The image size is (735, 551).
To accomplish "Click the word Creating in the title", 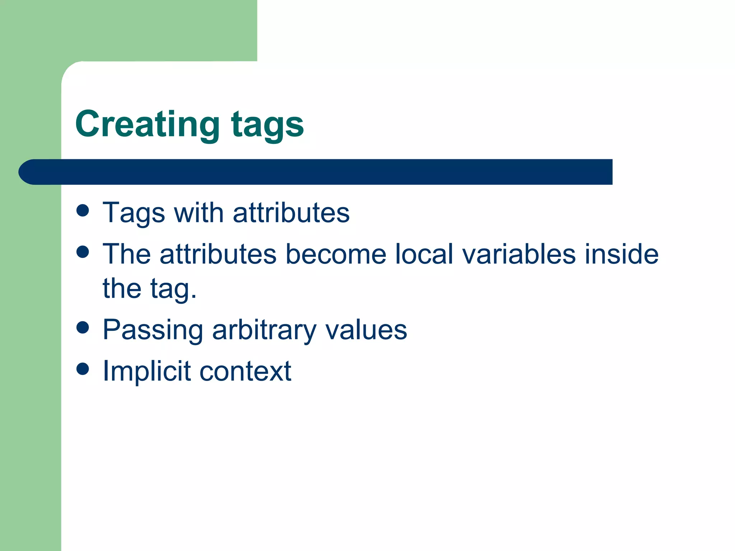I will point(147,124).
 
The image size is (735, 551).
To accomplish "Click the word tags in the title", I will point(267,124).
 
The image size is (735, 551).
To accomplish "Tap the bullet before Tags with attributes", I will point(83,211).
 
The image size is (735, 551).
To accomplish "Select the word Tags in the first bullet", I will point(134,213).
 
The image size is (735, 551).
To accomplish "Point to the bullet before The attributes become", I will point(83,252).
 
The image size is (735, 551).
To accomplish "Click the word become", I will point(336,254).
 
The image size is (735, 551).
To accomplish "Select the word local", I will point(424,254).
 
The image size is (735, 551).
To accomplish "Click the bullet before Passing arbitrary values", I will point(83,327).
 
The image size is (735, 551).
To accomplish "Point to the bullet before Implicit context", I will point(83,368).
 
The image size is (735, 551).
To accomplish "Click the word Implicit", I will point(146,371).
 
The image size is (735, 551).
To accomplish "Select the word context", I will point(245,371).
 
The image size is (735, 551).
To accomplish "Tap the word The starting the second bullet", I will point(126,254).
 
